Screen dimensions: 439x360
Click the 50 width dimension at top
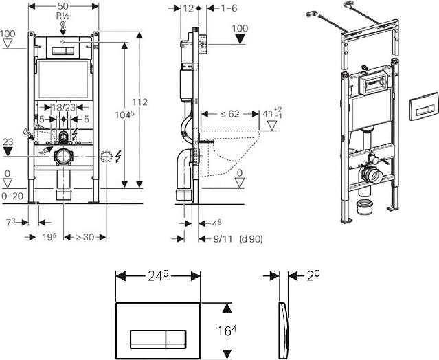[x=64, y=6]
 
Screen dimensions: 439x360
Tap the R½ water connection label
[x=63, y=16]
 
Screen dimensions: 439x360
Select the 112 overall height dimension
[x=139, y=102]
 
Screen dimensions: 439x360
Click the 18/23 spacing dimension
[x=64, y=107]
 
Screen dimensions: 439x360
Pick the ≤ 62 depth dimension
[x=230, y=114]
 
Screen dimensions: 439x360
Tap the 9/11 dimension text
[x=223, y=239]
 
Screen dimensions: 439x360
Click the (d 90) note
[x=251, y=239]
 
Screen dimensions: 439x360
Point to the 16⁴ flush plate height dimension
[x=227, y=331]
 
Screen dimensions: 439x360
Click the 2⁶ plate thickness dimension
[x=313, y=275]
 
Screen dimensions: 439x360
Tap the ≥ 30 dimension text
[x=85, y=238]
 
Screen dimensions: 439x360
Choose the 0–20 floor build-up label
[x=12, y=196]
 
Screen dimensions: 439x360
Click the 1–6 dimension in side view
[x=229, y=8]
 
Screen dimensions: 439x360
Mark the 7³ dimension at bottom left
[x=10, y=223]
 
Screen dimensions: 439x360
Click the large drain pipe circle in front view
[x=64, y=157]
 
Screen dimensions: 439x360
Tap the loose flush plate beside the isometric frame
[x=424, y=106]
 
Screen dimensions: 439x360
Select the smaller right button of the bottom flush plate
[x=176, y=339]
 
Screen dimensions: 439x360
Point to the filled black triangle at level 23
[x=8, y=152]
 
